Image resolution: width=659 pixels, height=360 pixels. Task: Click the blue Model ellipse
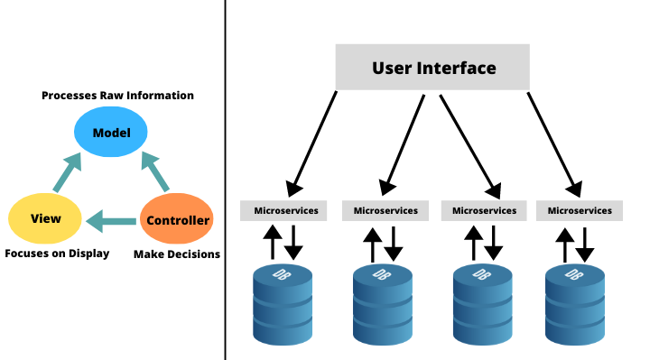pos(111,134)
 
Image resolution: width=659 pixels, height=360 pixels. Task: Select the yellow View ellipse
pos(45,218)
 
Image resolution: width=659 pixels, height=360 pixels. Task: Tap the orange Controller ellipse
pos(177,219)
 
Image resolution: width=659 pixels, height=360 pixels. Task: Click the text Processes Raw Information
pos(117,96)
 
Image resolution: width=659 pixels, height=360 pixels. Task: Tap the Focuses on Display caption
pos(57,254)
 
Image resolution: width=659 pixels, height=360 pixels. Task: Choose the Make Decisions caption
pos(177,254)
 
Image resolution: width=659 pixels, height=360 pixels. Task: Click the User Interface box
pos(433,69)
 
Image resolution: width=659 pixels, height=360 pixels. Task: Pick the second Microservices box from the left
pos(385,210)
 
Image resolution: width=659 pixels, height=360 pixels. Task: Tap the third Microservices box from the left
pos(484,210)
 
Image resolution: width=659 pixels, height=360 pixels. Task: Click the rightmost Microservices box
pos(580,210)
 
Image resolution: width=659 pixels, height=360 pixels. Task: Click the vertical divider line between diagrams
pos(225,180)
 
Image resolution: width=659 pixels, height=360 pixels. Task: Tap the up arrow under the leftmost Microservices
pos(272,243)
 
